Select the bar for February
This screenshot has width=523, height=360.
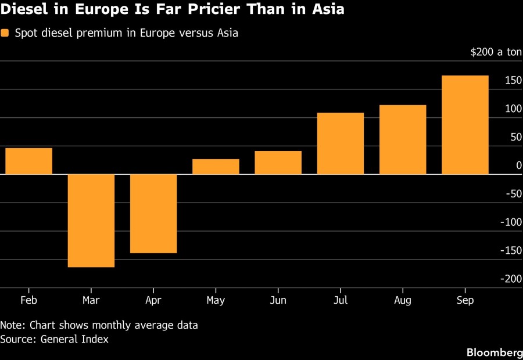point(28,161)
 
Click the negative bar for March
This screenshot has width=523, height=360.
point(91,221)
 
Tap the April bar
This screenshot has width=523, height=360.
point(153,214)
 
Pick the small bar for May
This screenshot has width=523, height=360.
point(216,167)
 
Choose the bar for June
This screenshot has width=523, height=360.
point(278,163)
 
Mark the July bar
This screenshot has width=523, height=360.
point(341,143)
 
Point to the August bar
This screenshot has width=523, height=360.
point(403,140)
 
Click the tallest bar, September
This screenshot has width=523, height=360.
point(465,125)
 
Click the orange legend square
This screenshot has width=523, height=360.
point(5,33)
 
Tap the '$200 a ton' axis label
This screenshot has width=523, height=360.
point(496,52)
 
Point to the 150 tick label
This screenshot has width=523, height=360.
point(513,80)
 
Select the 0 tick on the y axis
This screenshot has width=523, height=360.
point(519,165)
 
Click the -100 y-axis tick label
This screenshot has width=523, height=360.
point(511,222)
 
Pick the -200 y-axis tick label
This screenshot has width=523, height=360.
point(511,279)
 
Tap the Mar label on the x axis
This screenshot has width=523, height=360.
point(91,300)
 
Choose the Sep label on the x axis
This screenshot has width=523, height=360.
point(465,300)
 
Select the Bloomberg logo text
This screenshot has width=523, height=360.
point(495,352)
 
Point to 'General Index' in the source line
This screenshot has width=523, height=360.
point(74,339)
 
